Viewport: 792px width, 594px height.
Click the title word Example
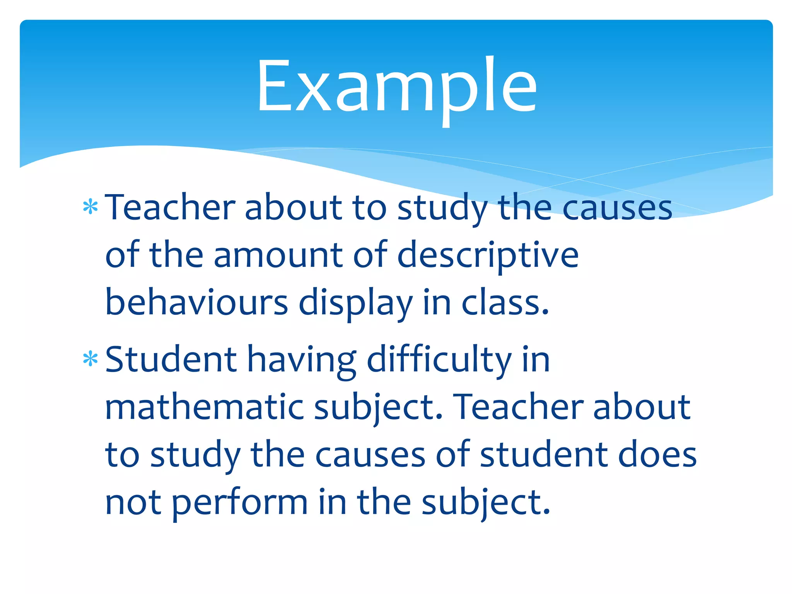[397, 87]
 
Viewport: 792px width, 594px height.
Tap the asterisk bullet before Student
[90, 359]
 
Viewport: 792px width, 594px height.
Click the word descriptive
[488, 255]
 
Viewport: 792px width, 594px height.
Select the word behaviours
[196, 302]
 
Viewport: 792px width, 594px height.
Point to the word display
[355, 303]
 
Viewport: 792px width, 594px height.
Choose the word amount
[278, 255]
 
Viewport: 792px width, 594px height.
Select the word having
[302, 360]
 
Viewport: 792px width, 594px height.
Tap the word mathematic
[204, 407]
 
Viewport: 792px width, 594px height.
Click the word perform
[240, 503]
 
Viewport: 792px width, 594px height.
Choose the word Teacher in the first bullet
[170, 208]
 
